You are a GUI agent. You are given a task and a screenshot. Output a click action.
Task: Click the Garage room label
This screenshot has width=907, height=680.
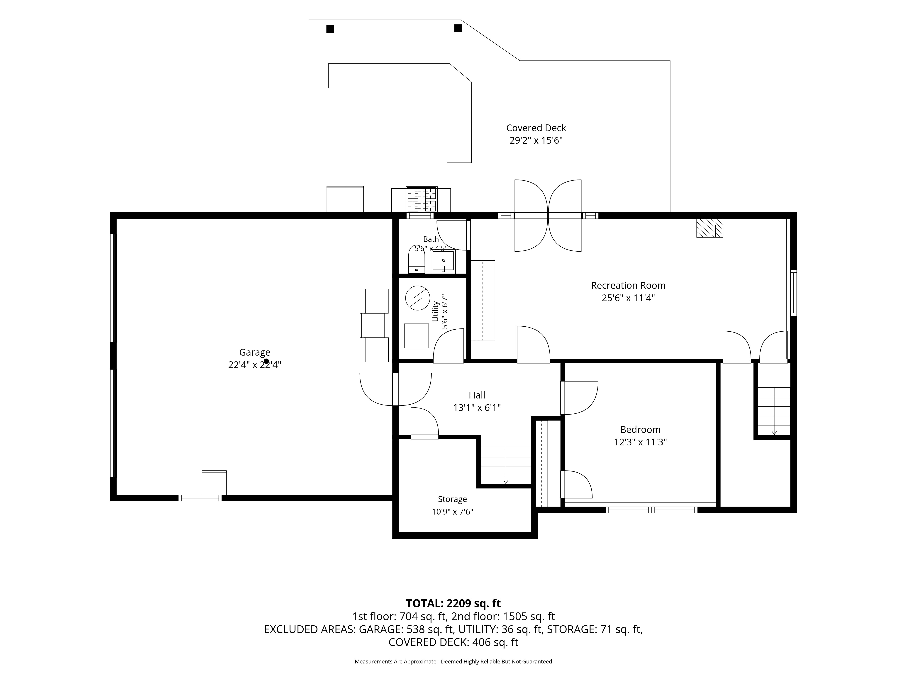[255, 352]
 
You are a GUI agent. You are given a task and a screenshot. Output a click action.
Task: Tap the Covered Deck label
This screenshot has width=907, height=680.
[536, 128]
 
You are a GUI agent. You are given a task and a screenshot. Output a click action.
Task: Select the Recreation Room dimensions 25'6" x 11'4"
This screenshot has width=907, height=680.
[628, 298]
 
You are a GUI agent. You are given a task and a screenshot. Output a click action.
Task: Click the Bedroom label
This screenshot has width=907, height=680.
[640, 430]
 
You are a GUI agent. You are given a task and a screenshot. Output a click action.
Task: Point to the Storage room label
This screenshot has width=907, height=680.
[452, 499]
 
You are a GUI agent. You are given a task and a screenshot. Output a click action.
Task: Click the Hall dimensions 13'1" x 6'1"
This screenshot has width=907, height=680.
[477, 408]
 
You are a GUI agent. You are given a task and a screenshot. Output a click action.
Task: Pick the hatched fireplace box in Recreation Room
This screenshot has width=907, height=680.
[709, 228]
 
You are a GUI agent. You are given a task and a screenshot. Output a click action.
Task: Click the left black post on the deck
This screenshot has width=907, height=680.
[330, 29]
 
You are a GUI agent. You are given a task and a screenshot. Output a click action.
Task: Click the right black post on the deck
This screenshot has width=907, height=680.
[458, 28]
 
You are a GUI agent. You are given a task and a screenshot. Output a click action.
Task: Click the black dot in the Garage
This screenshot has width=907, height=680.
[266, 361]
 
